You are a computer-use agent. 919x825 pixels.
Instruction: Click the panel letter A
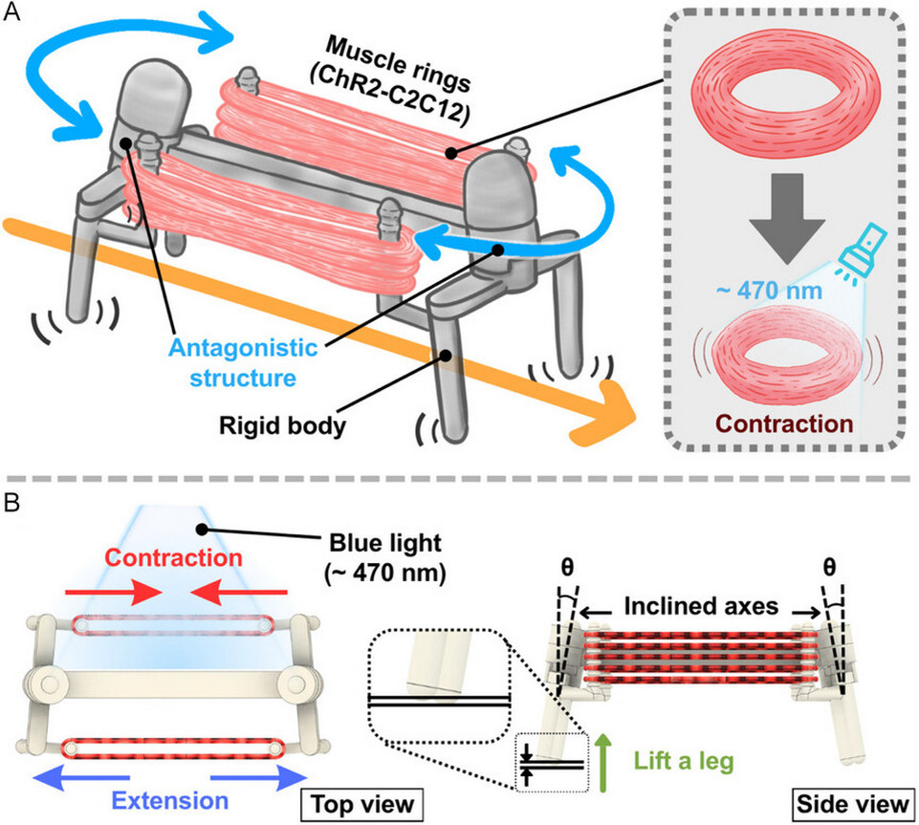16,18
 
